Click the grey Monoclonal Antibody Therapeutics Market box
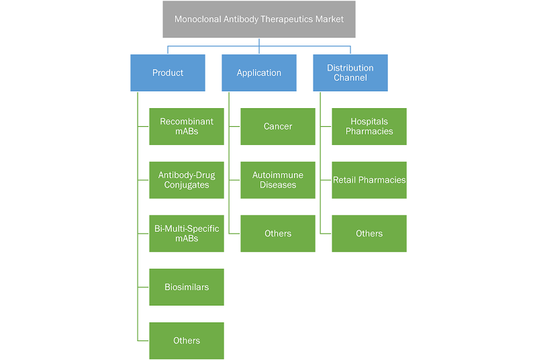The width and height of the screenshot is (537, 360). pos(259,19)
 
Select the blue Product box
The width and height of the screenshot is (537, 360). pos(168,73)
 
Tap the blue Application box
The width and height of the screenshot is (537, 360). pos(259,73)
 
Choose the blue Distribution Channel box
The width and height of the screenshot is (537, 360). pos(350,73)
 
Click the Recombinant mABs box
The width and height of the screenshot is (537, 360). pos(187,126)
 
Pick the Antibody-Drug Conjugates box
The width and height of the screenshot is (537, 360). pos(187,180)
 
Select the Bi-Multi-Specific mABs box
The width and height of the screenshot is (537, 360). pos(187,233)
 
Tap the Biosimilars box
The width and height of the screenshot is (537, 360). pos(187,287)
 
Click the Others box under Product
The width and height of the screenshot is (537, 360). pos(187,341)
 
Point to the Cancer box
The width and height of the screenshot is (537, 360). pos(278,126)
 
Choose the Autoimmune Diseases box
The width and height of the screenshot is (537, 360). pos(278,180)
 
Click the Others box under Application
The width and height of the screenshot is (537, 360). pos(278,233)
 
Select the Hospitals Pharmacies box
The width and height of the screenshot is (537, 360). pos(369,126)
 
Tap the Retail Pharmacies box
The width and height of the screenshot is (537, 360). pos(369,180)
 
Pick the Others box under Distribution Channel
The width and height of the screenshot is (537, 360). pos(369,233)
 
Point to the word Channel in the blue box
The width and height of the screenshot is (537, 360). pos(350,78)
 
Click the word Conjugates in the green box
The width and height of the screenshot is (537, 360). pos(187,185)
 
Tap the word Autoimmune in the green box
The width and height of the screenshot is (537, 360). pos(278,175)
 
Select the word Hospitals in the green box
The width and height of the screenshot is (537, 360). pos(369,122)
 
